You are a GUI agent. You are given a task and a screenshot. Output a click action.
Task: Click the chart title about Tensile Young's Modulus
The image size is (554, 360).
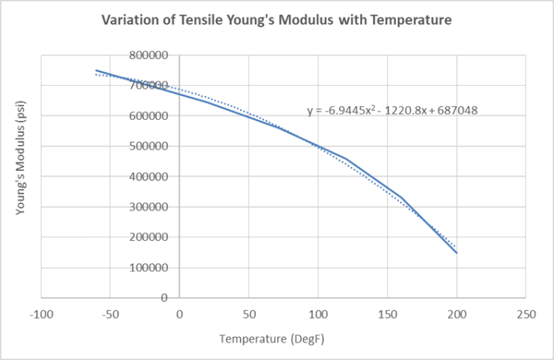[276, 20]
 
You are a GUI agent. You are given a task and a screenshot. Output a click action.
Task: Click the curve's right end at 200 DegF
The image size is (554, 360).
[457, 253]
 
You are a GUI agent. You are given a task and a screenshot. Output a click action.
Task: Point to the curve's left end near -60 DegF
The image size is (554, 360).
[97, 71]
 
